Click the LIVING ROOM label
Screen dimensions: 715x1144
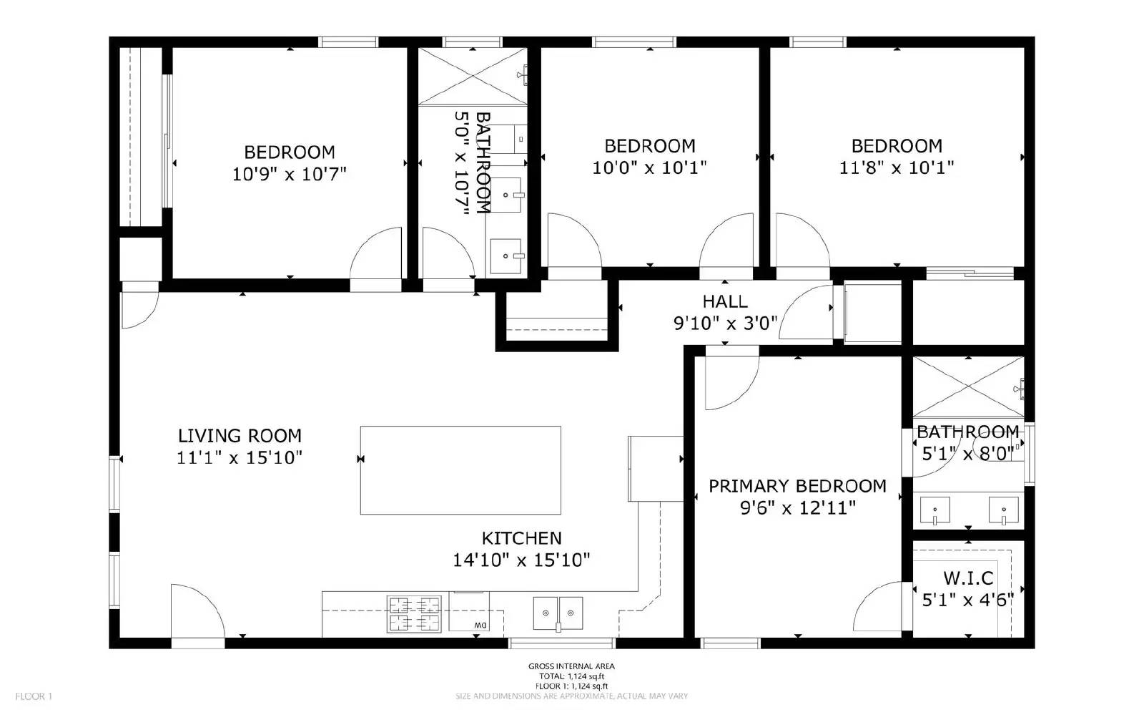240,435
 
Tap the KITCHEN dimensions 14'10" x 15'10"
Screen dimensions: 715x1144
521,560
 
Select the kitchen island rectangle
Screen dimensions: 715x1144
460,470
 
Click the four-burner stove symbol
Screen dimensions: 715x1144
413,613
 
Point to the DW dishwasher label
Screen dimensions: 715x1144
479,626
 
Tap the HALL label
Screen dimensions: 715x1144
725,301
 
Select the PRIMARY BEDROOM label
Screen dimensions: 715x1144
797,486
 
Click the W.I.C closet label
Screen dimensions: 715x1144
968,578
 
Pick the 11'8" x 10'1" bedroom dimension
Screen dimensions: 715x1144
896,167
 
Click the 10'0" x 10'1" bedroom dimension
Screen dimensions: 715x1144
649,167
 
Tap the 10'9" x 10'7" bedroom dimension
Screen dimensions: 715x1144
289,173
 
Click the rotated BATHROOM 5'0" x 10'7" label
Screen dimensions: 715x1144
473,162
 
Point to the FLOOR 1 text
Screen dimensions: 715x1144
34,696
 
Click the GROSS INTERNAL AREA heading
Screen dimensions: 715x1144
571,666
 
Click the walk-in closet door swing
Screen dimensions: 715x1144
884,607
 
